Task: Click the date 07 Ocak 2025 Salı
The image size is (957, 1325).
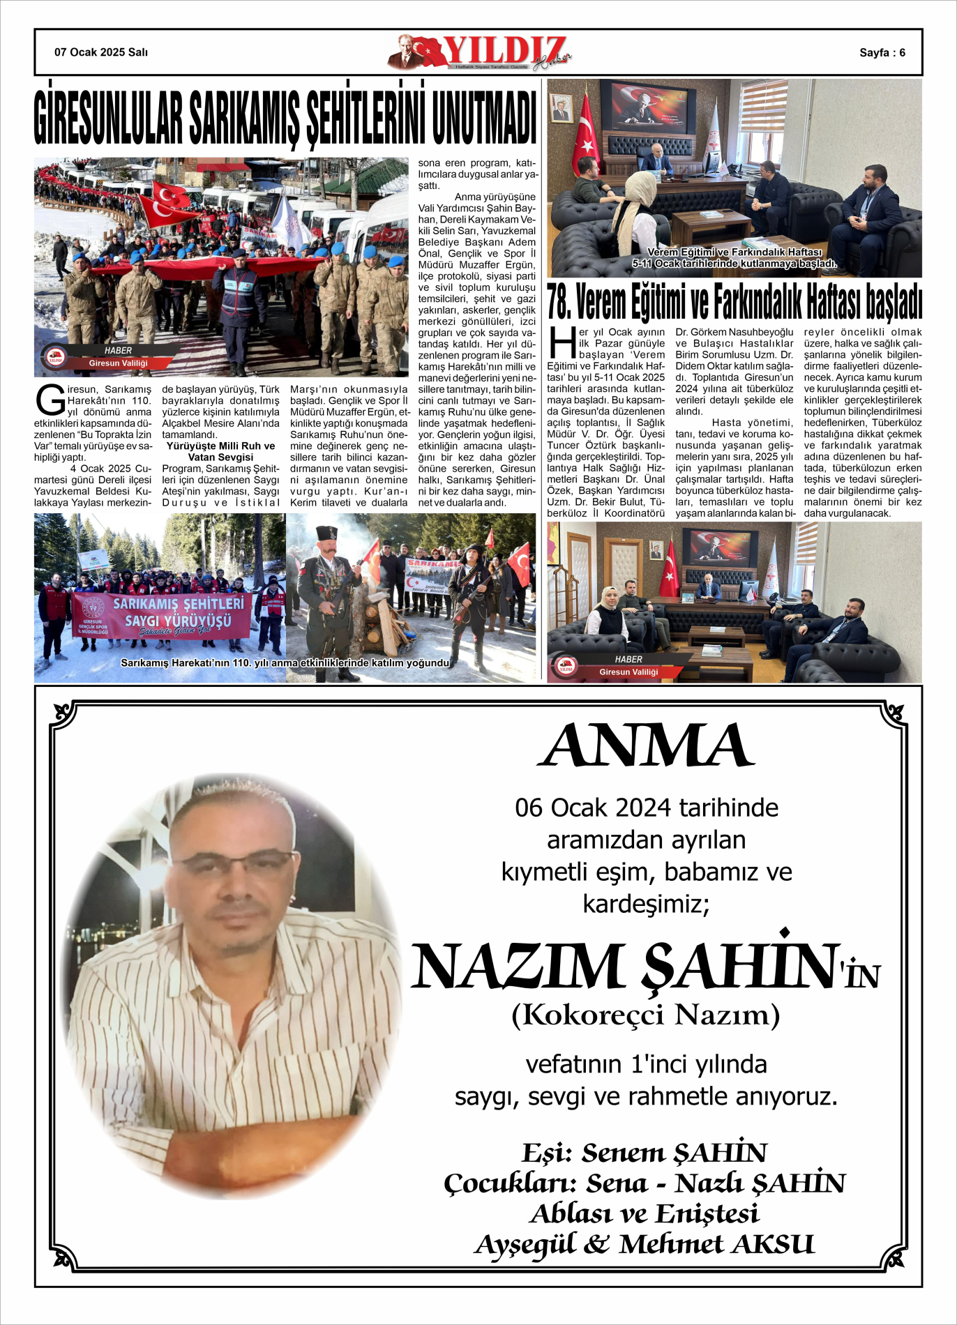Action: [101, 52]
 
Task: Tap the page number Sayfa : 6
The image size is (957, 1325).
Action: [882, 53]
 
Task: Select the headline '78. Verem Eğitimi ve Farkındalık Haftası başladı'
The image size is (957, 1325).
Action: [734, 303]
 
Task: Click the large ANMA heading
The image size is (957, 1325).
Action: [646, 745]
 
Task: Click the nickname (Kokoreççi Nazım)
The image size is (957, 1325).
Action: [645, 1015]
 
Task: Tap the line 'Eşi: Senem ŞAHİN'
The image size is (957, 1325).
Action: [645, 1153]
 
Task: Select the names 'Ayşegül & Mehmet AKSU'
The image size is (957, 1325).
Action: [645, 1244]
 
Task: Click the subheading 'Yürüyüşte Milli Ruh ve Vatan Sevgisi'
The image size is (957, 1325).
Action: [220, 451]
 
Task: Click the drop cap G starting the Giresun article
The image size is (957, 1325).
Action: [50, 400]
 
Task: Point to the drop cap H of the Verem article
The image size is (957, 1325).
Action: [562, 342]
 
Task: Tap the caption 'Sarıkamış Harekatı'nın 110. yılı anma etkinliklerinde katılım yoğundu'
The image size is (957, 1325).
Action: [285, 662]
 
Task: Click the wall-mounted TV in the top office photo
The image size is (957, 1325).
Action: [648, 106]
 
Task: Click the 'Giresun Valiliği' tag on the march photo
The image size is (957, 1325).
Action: [119, 363]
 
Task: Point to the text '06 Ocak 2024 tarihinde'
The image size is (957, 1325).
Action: [647, 808]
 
